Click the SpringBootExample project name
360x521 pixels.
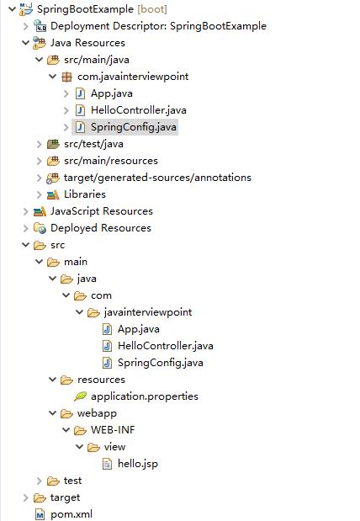pyautogui.click(x=85, y=9)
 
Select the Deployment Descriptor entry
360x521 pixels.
pyautogui.click(x=158, y=26)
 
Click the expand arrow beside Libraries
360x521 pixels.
pyautogui.click(x=40, y=194)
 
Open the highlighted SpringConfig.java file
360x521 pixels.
pyautogui.click(x=134, y=127)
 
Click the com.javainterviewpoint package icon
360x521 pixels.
pyautogui.click(x=66, y=77)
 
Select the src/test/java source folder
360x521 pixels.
pyautogui.click(x=93, y=144)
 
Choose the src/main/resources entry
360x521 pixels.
pyautogui.click(x=111, y=161)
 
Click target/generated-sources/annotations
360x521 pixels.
pyautogui.click(x=157, y=178)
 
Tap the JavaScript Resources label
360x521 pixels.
pyautogui.click(x=102, y=211)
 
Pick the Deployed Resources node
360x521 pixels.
pyautogui.click(x=101, y=228)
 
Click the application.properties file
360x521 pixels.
pyautogui.click(x=145, y=396)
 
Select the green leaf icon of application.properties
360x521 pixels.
pyautogui.click(x=80, y=396)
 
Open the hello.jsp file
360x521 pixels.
pyautogui.click(x=138, y=464)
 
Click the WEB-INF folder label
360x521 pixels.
pyautogui.click(x=113, y=430)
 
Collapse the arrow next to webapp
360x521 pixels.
pyautogui.click(x=53, y=413)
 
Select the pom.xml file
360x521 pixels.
pyautogui.click(x=71, y=514)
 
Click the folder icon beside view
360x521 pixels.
pyautogui.click(x=93, y=447)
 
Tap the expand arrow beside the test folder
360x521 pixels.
pyautogui.click(x=40, y=481)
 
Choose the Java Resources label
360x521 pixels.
pyautogui.click(x=87, y=43)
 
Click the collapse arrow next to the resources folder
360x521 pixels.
pyautogui.click(x=53, y=380)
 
